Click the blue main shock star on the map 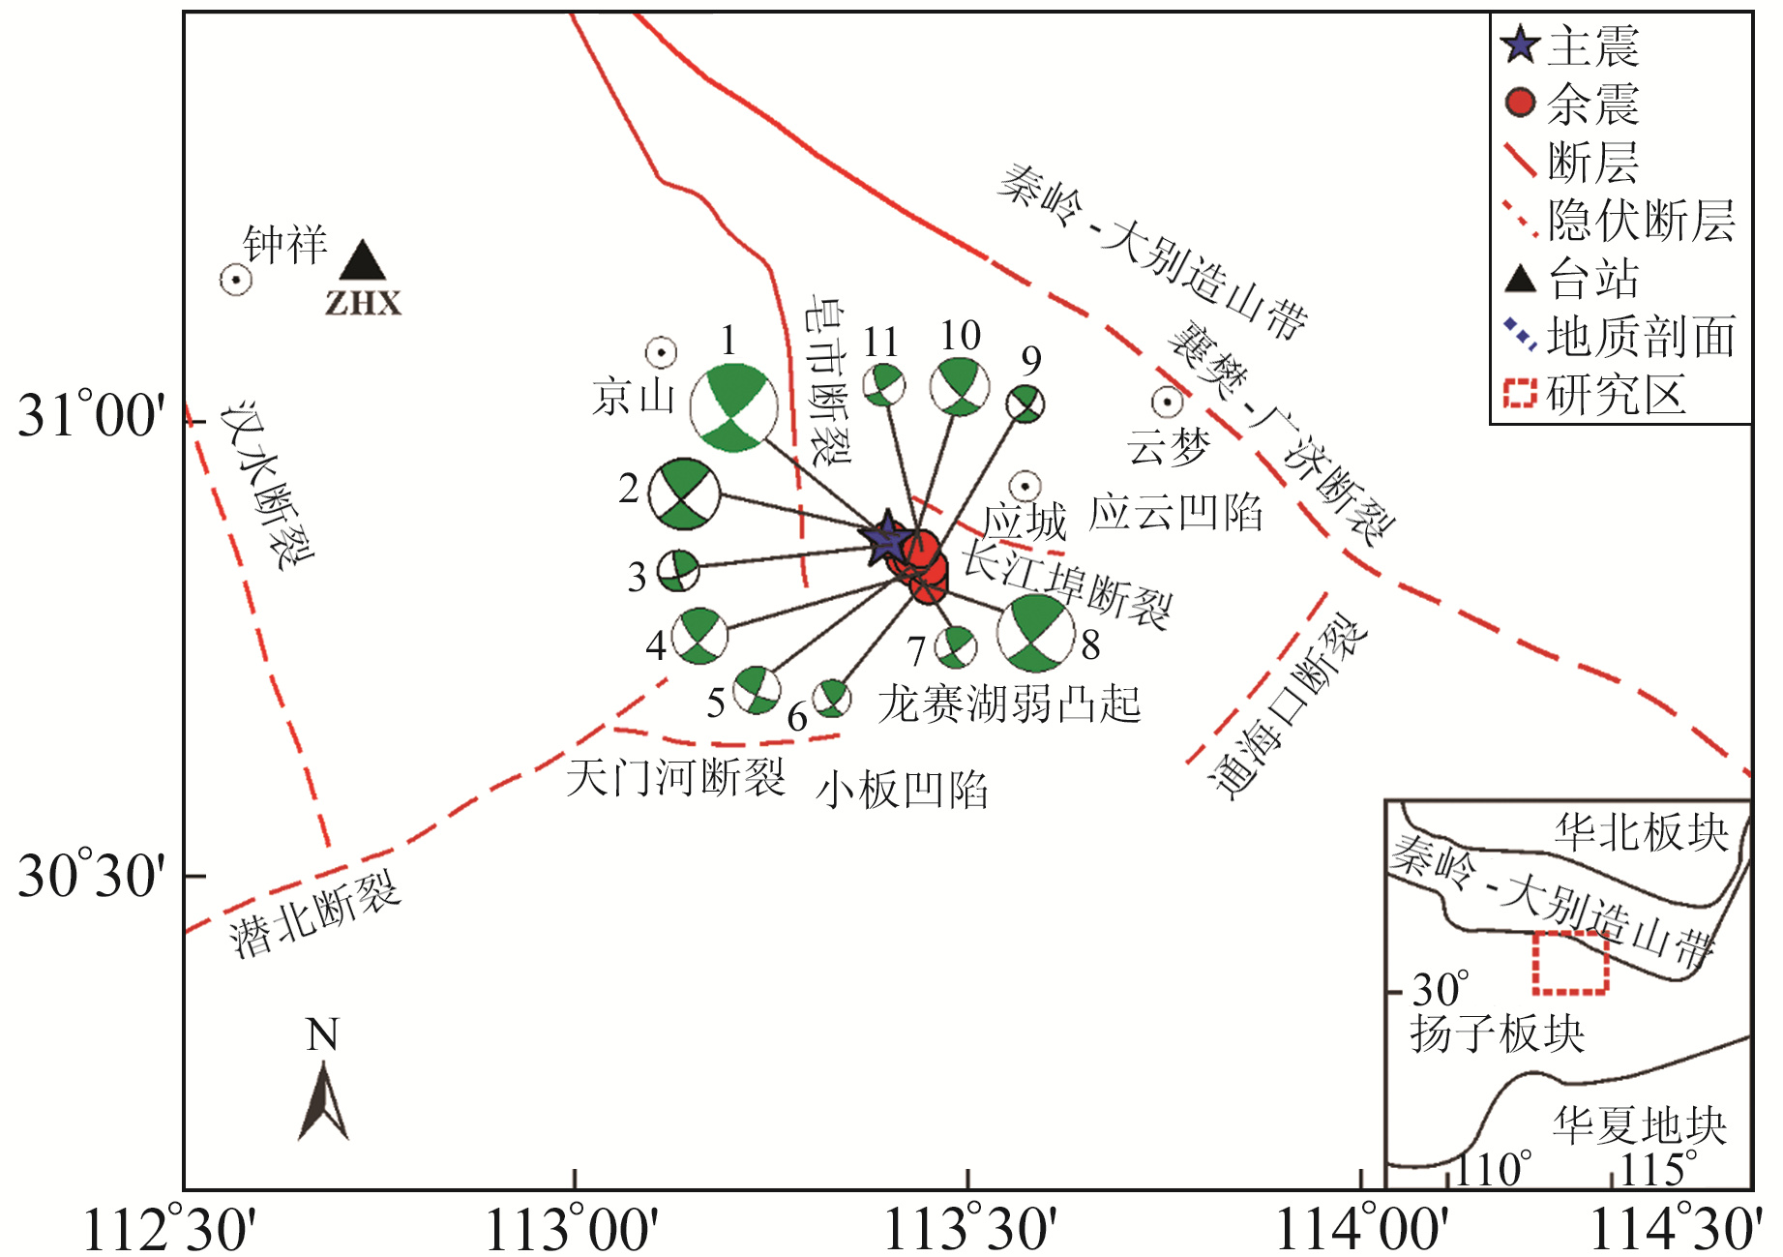pos(886,538)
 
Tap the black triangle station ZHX pos(363,263)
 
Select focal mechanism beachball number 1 pos(733,407)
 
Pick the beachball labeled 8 pos(1035,634)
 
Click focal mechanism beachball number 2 pos(684,494)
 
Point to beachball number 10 pos(960,387)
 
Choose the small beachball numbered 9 pos(1025,404)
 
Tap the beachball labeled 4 pos(699,636)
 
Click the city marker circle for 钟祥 pos(236,280)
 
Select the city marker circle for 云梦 pos(1168,402)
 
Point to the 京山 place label pos(634,397)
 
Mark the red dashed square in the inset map pos(1570,962)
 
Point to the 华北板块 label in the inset pos(1641,832)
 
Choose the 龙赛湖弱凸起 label pos(1009,703)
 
